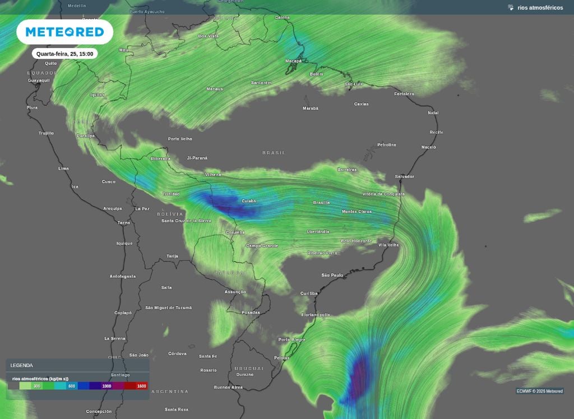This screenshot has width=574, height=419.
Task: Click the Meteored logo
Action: coord(65,32)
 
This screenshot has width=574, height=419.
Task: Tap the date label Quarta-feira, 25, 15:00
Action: coord(64,54)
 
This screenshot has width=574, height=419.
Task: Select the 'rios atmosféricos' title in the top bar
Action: coord(540,7)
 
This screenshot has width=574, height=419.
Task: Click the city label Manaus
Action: coord(214,89)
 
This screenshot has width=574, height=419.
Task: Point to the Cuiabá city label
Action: coord(248,201)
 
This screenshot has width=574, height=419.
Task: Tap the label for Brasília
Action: coord(321,202)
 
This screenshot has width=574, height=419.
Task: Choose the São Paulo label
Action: coord(332,275)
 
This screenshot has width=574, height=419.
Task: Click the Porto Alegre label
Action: coord(292,340)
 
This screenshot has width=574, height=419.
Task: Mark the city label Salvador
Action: coord(404,176)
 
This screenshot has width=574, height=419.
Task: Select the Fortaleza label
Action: coord(404,94)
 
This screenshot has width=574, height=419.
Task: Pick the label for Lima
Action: coord(63,168)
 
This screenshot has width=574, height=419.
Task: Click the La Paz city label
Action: coord(142,208)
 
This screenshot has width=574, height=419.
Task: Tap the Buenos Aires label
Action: coord(228,387)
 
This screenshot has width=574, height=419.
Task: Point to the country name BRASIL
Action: coord(274,152)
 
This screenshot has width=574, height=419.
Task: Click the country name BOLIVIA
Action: coord(170,214)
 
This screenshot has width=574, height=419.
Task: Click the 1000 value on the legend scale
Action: coord(107,386)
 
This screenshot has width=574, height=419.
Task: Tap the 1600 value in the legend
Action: coord(141,386)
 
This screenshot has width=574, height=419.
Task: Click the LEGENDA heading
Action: coord(21,365)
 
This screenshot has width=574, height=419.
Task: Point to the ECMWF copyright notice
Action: coord(539,391)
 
